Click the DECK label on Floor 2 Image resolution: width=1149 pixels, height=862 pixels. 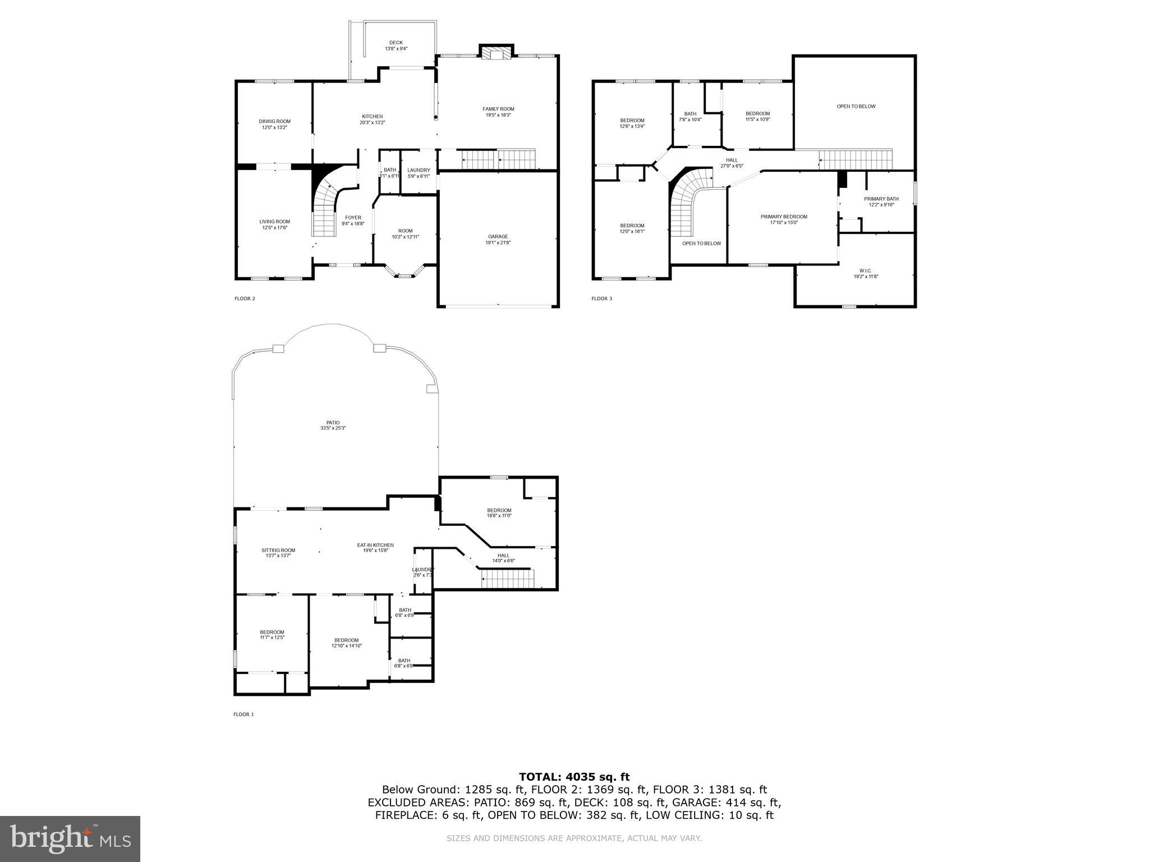(396, 43)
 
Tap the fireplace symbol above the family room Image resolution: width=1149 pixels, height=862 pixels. (495, 53)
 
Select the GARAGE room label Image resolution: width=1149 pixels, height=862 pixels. (498, 236)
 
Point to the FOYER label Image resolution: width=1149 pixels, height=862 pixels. (353, 218)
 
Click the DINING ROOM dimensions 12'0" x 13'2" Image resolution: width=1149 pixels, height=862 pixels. (274, 127)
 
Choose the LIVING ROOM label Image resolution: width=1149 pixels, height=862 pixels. (274, 222)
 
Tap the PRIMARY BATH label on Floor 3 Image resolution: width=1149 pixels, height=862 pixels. (881, 199)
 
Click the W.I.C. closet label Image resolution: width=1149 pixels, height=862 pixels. (866, 270)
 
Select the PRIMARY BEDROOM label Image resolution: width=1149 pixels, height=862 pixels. (784, 217)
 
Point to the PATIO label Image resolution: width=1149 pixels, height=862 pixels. (333, 423)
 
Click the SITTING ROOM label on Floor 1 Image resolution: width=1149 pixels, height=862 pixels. (278, 550)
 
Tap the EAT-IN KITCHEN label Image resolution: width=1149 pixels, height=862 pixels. (375, 545)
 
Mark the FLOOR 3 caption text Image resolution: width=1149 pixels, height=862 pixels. (601, 299)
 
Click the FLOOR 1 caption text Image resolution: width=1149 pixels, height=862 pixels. (243, 714)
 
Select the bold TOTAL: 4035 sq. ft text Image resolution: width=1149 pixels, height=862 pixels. (574, 777)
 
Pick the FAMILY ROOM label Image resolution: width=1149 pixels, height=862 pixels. (498, 109)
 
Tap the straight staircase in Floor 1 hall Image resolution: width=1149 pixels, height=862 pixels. (507, 579)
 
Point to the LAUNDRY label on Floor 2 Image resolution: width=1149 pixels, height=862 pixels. (419, 171)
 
